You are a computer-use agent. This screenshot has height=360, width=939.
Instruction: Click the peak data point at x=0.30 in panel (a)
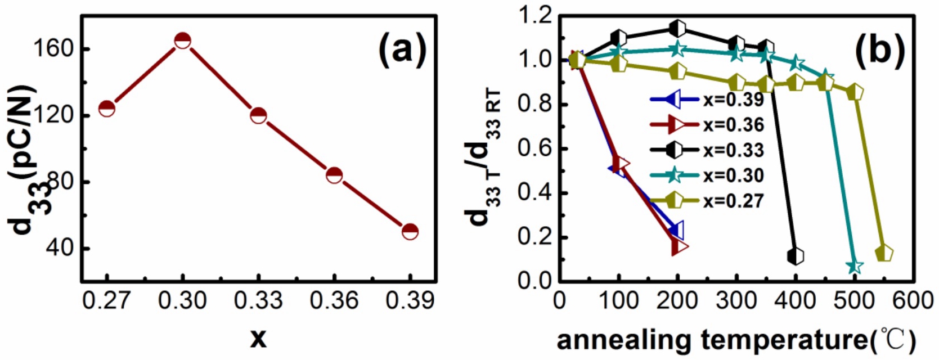tap(182, 40)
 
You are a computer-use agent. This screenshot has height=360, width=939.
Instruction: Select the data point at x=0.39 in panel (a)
tap(410, 231)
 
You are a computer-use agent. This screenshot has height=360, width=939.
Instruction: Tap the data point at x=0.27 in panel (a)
tap(107, 108)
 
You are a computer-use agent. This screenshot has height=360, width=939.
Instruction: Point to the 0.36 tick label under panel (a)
tap(334, 301)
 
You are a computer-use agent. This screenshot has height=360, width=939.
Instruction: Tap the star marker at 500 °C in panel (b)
tap(855, 265)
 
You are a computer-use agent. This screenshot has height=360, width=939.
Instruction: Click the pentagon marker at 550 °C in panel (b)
tap(884, 253)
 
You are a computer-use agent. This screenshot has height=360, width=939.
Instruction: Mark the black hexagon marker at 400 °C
tap(796, 256)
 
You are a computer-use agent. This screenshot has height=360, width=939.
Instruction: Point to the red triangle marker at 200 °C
tap(679, 246)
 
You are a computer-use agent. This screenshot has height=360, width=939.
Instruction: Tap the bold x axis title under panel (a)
tap(258, 338)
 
